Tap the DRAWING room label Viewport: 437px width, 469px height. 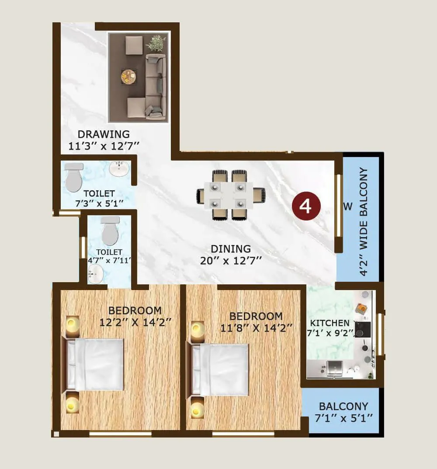tap(104, 134)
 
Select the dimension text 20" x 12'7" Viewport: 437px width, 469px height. tap(231, 261)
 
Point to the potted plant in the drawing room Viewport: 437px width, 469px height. tap(156, 43)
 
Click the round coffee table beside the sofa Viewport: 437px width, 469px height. tap(129, 77)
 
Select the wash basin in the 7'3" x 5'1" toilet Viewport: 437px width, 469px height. tap(119, 168)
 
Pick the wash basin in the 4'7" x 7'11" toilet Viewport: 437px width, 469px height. tap(96, 275)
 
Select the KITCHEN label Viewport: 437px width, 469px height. tap(329, 323)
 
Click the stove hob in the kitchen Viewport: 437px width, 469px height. tap(363, 329)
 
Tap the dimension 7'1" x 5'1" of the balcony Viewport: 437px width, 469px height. tap(343, 418)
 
